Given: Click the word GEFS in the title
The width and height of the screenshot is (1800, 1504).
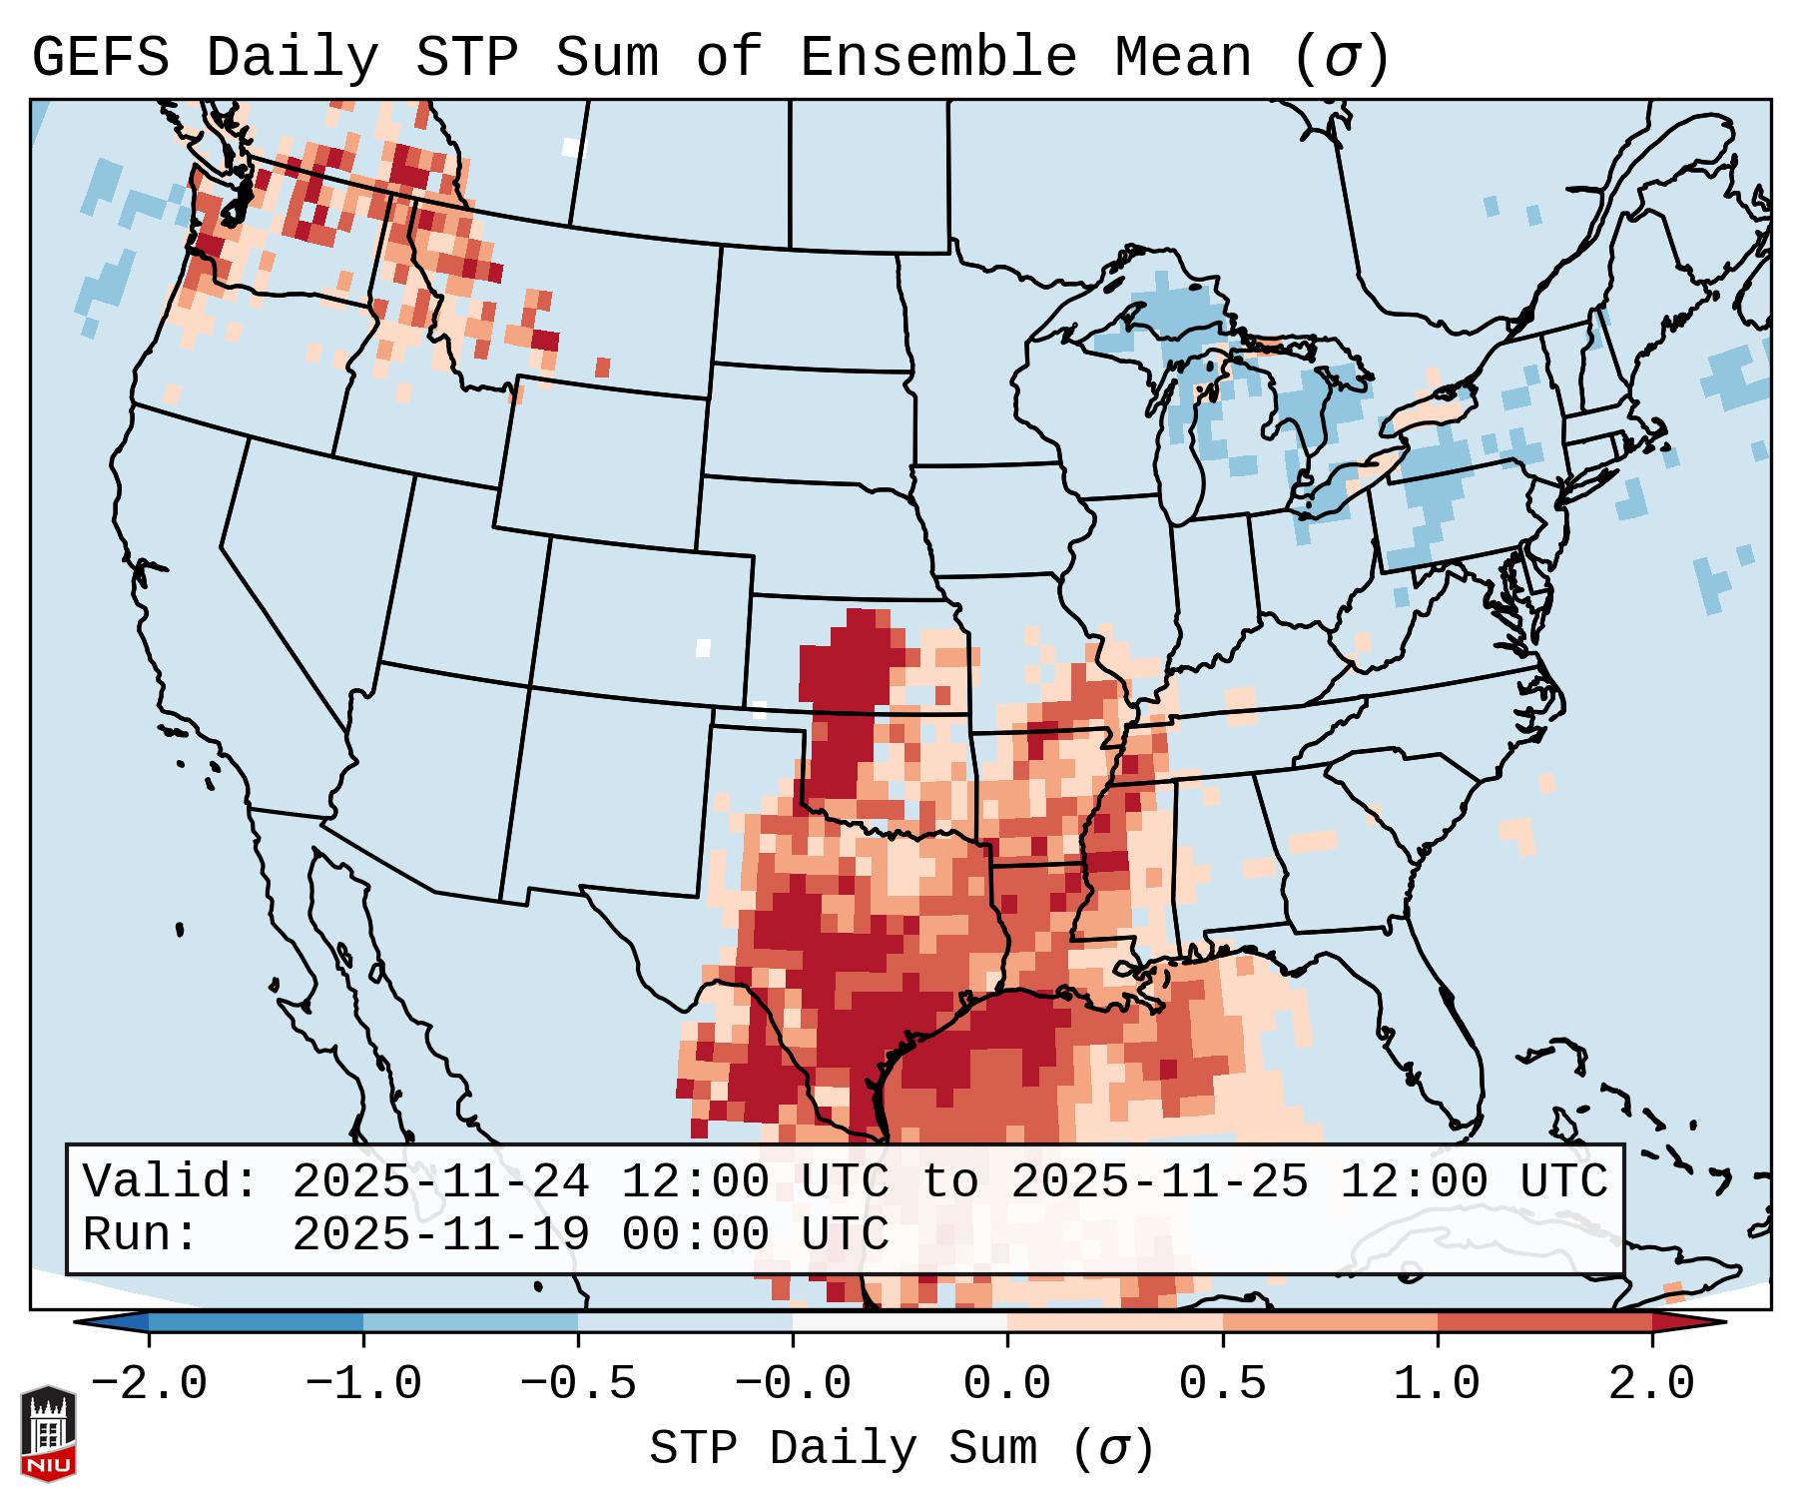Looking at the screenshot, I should pyautogui.click(x=100, y=58).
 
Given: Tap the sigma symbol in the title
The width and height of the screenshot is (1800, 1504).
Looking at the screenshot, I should pyautogui.click(x=1342, y=58).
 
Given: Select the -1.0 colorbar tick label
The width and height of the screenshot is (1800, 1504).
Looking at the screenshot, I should pyautogui.click(x=362, y=1384).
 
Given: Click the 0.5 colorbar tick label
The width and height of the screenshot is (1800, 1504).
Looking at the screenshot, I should pyautogui.click(x=1222, y=1384).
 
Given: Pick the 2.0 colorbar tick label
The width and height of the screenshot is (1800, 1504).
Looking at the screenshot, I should pyautogui.click(x=1651, y=1384).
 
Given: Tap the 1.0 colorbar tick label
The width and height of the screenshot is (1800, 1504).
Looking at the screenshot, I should pyautogui.click(x=1437, y=1384).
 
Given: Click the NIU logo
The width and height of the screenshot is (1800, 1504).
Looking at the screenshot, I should pyautogui.click(x=48, y=1432).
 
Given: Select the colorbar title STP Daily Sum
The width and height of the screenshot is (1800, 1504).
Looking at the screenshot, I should pyautogui.click(x=844, y=1449).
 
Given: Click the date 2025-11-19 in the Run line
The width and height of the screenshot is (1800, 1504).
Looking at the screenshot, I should pyautogui.click(x=440, y=1234).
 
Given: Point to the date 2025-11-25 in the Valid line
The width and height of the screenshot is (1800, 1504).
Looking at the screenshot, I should pyautogui.click(x=1159, y=1181).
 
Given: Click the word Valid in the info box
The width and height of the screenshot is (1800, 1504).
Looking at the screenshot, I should pyautogui.click(x=171, y=1181).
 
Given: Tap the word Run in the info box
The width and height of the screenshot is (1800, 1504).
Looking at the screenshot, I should pyautogui.click(x=140, y=1234).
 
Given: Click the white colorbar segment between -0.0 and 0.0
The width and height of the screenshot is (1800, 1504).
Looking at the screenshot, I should pyautogui.click(x=900, y=1323).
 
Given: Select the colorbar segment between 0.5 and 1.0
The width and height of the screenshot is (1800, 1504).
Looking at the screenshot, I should pyautogui.click(x=1330, y=1323).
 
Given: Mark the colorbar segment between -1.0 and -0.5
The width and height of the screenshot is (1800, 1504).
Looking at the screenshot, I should pyautogui.click(x=470, y=1323).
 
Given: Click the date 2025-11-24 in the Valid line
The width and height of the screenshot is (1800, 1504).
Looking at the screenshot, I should pyautogui.click(x=440, y=1181).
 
